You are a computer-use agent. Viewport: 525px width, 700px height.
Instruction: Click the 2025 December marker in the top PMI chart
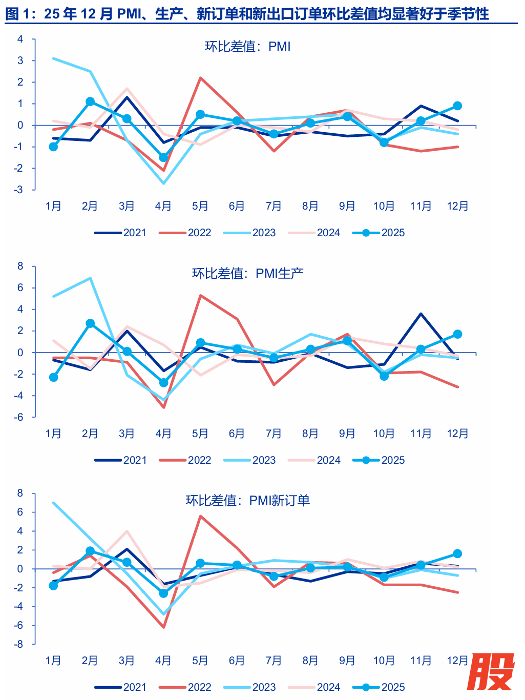tap(457, 106)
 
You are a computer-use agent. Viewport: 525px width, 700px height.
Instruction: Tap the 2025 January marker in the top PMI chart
tap(53, 147)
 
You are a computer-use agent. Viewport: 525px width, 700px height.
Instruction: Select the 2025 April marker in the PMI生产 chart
tap(163, 382)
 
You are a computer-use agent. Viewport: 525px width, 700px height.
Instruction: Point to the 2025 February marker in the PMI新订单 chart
tap(90, 551)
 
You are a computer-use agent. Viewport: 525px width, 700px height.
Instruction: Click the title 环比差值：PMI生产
tap(248, 273)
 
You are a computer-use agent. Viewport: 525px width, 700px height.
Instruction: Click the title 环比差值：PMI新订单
tap(248, 500)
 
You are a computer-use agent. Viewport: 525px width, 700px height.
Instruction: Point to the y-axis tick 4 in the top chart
tap(20, 39)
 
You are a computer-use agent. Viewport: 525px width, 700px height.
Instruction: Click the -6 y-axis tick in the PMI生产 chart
tap(19, 417)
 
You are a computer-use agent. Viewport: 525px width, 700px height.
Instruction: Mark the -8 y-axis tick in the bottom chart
tap(19, 644)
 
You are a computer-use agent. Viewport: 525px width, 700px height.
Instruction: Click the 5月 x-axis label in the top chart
tap(200, 206)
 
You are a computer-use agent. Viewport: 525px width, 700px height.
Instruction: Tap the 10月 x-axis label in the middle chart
tap(384, 434)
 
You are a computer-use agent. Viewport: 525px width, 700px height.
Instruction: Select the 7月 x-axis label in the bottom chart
tap(274, 661)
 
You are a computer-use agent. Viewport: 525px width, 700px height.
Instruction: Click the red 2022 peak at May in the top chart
tap(200, 78)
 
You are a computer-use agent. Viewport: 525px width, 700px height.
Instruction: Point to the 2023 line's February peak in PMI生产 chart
tap(90, 278)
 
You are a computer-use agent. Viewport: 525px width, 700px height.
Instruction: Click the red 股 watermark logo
tap(490, 672)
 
